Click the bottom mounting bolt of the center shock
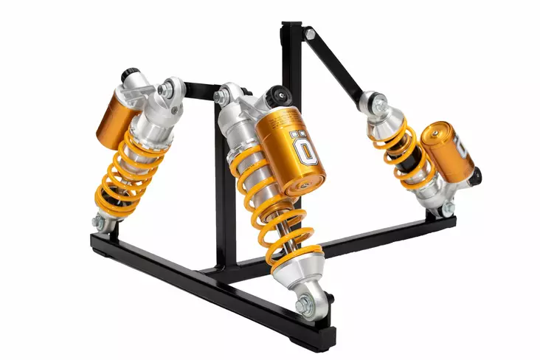303,305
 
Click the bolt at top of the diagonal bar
310,34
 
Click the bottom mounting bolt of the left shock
99,221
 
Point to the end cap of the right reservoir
463,148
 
